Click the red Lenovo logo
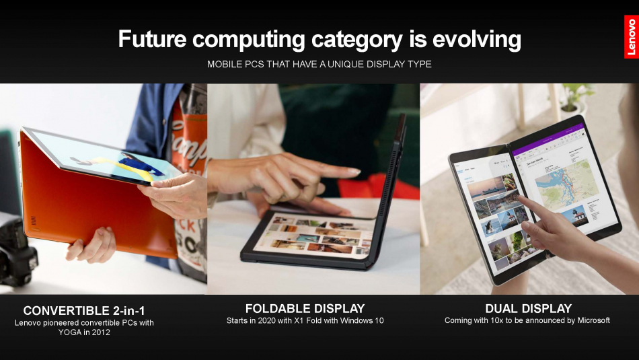631,37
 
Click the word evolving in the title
476,39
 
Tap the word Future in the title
152,39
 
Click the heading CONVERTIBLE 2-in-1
84,311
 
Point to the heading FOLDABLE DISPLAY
305,309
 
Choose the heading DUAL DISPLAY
529,309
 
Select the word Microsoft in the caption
593,320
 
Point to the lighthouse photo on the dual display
575,215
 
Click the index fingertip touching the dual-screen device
521,199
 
